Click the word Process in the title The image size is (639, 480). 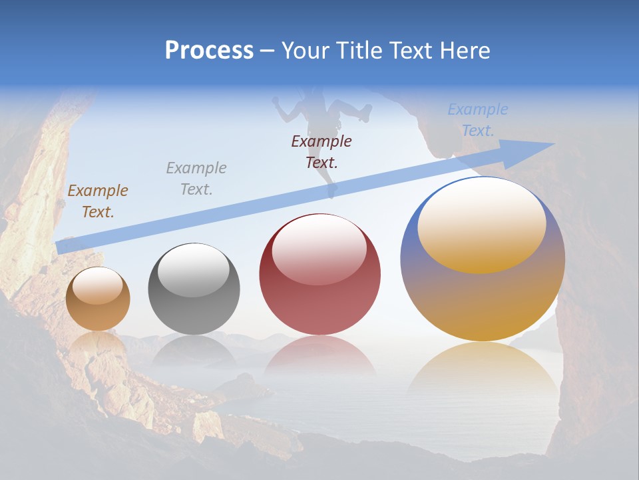[209, 51]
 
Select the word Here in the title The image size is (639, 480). [464, 51]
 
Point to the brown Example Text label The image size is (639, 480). [98, 201]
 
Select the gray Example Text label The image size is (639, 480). [196, 179]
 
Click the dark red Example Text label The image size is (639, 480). [321, 151]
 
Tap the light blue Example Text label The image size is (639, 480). [478, 120]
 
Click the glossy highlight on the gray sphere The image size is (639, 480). [194, 269]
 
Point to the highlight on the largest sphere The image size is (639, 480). [481, 223]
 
